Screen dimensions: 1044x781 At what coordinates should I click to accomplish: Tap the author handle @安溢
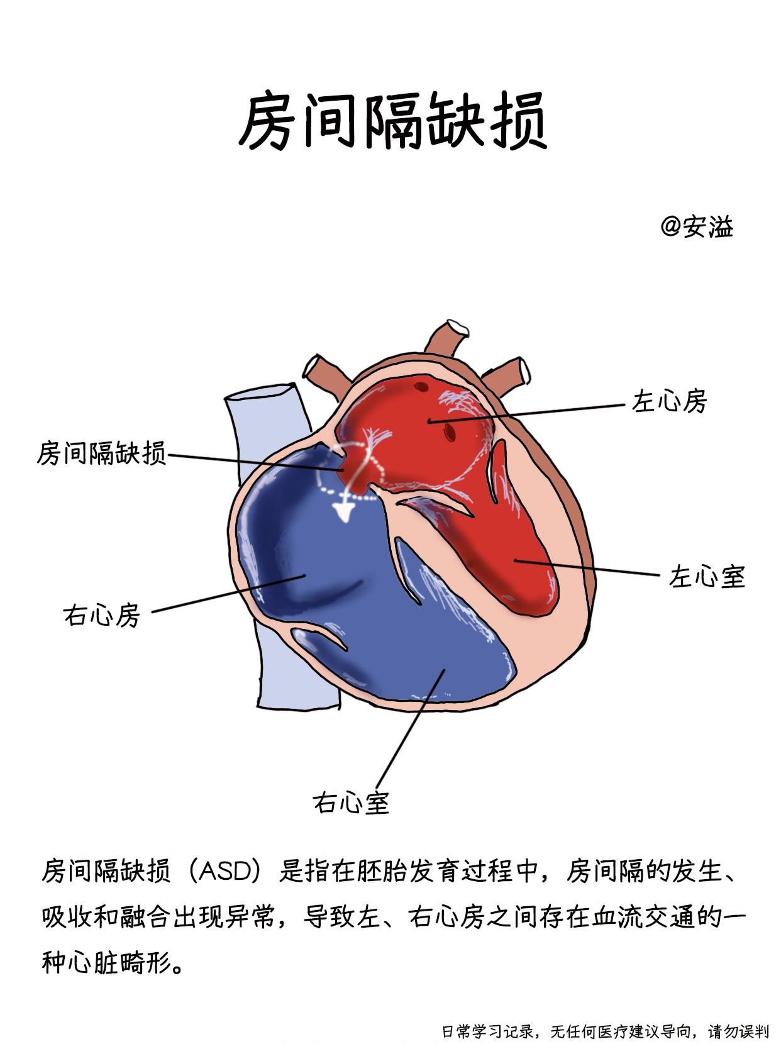pyautogui.click(x=697, y=226)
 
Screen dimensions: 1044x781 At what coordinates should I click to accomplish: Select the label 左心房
pyautogui.click(x=669, y=401)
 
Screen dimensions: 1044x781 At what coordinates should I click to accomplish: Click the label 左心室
pyautogui.click(x=707, y=576)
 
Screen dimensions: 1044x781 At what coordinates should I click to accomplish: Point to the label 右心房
pyautogui.click(x=101, y=614)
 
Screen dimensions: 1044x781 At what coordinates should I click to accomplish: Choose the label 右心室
pyautogui.click(x=351, y=802)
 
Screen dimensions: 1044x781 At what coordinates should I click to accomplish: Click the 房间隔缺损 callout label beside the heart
pyautogui.click(x=101, y=452)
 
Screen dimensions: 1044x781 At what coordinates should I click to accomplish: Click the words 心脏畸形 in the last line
pyautogui.click(x=120, y=962)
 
